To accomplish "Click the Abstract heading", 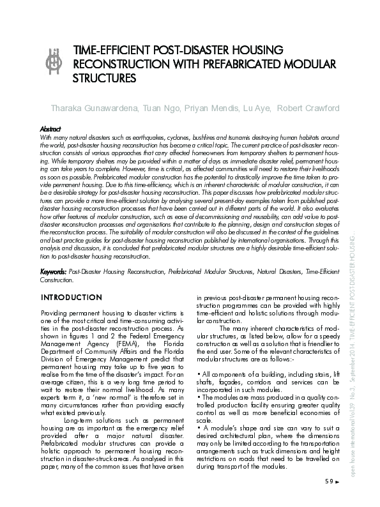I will [50, 128].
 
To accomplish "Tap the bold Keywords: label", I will [53, 271].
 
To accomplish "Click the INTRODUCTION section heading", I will [70, 298].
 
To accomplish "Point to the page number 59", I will [330, 481].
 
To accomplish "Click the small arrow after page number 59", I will [338, 481].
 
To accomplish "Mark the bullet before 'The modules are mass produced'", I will [199, 397].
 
